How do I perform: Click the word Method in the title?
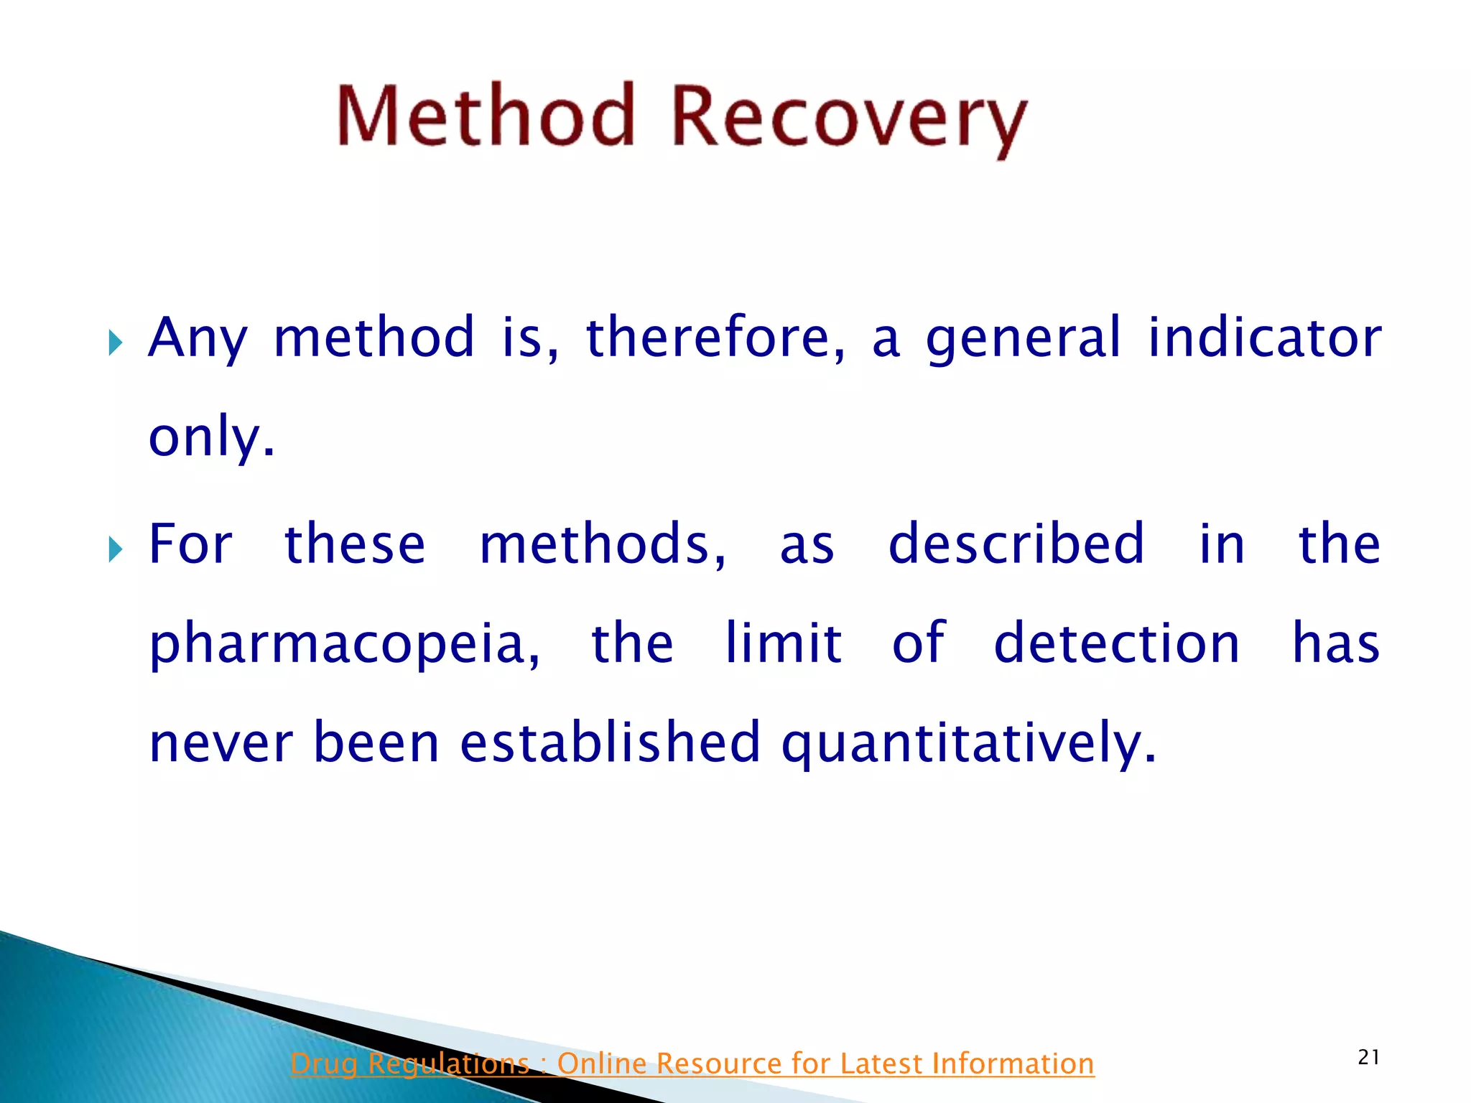click(x=486, y=116)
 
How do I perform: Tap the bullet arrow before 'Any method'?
click(x=116, y=343)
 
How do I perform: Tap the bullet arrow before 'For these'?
click(x=116, y=550)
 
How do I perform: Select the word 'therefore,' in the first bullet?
click(x=715, y=337)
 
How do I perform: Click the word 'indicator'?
click(x=1264, y=337)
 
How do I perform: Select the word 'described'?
click(x=1016, y=544)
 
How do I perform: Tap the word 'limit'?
click(x=783, y=643)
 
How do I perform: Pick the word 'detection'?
click(x=1117, y=643)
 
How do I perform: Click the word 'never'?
click(x=221, y=743)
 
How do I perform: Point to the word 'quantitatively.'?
click(x=969, y=744)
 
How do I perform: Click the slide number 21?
click(x=1368, y=1057)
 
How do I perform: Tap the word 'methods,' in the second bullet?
click(x=603, y=544)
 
